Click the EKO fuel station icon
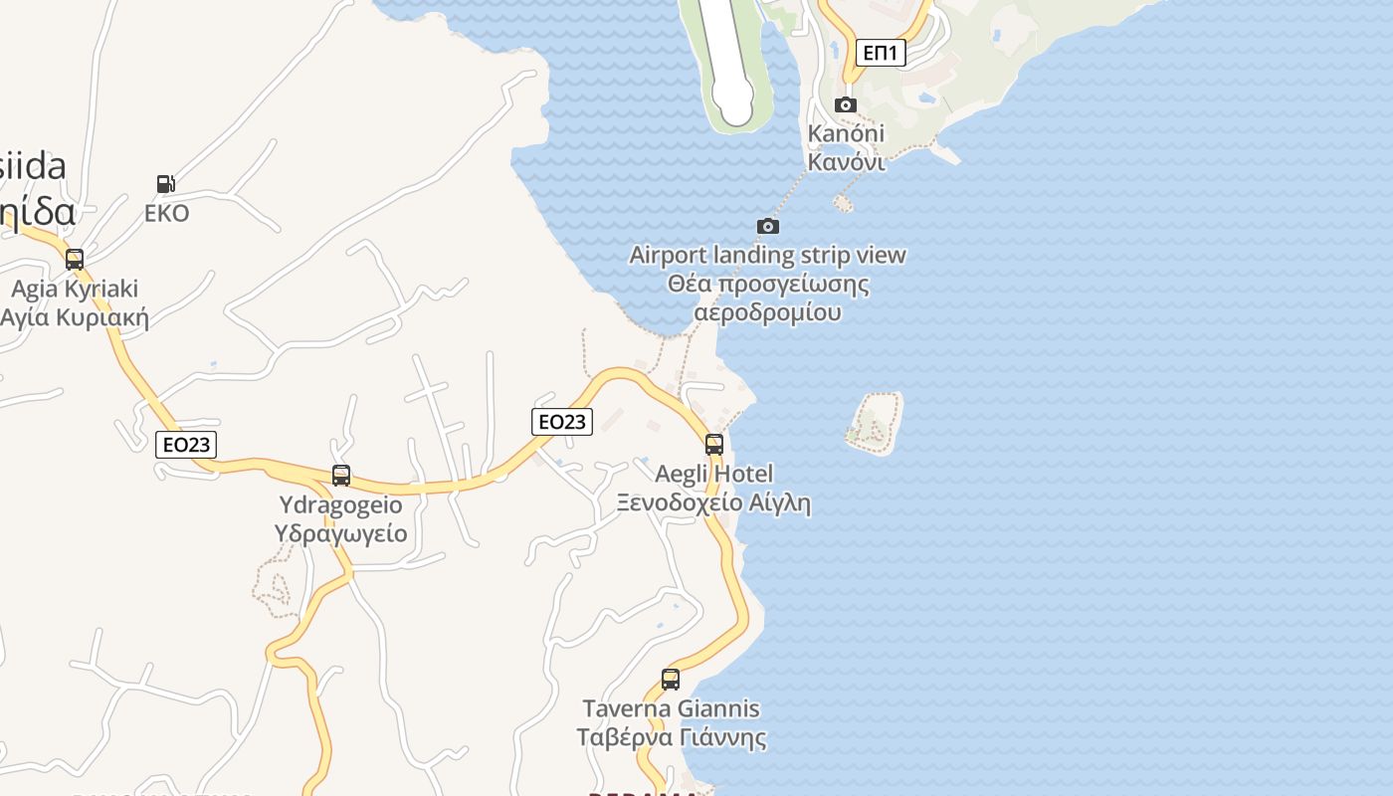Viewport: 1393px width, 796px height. click(166, 184)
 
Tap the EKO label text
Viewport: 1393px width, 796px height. click(166, 214)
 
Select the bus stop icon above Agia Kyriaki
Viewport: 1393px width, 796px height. click(75, 260)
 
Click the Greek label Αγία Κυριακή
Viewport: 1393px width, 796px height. click(75, 318)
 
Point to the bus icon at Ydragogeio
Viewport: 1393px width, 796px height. click(341, 476)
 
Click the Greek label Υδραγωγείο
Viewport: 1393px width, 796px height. click(340, 533)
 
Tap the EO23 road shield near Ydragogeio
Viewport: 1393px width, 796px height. click(186, 445)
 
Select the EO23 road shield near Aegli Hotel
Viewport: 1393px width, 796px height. click(562, 422)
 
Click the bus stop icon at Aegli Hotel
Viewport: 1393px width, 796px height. click(714, 445)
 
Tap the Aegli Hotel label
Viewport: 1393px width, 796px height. click(713, 474)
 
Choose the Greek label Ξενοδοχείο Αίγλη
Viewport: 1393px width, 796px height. click(713, 502)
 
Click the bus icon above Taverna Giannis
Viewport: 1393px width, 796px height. click(671, 680)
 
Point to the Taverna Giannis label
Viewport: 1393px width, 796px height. click(671, 709)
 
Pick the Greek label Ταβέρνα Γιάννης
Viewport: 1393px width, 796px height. click(671, 738)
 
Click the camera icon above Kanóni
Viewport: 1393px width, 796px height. click(846, 105)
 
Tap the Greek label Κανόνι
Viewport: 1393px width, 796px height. click(846, 161)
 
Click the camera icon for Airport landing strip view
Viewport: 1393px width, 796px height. click(768, 227)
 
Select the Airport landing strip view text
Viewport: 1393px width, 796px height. click(768, 256)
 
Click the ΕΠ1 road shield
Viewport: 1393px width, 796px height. click(881, 53)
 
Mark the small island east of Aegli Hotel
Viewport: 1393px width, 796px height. click(875, 423)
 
